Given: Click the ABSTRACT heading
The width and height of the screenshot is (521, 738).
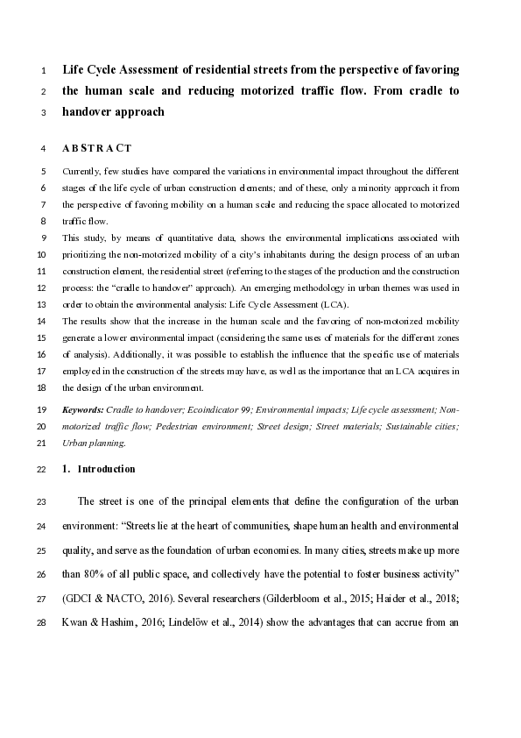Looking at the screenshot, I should [x=97, y=148].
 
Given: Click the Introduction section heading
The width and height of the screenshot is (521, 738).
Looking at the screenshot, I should [x=106, y=469].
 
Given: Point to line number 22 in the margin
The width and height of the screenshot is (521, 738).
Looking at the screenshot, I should [x=43, y=469].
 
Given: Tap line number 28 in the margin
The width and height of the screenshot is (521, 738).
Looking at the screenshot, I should [x=43, y=623].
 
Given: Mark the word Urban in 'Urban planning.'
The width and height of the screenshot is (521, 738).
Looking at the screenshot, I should [x=75, y=444].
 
